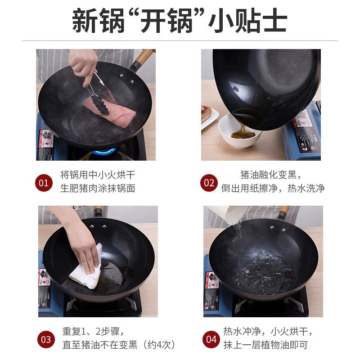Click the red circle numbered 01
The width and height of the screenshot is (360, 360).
click(44, 183)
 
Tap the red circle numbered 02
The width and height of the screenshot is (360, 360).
click(209, 183)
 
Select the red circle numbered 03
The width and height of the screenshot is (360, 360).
click(46, 339)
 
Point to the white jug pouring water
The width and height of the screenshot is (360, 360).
click(228, 213)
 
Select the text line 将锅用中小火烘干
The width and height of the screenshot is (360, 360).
click(98, 175)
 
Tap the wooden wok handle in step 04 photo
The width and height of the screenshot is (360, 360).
click(283, 211)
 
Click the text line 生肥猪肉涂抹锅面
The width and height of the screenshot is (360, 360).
click(98, 188)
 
